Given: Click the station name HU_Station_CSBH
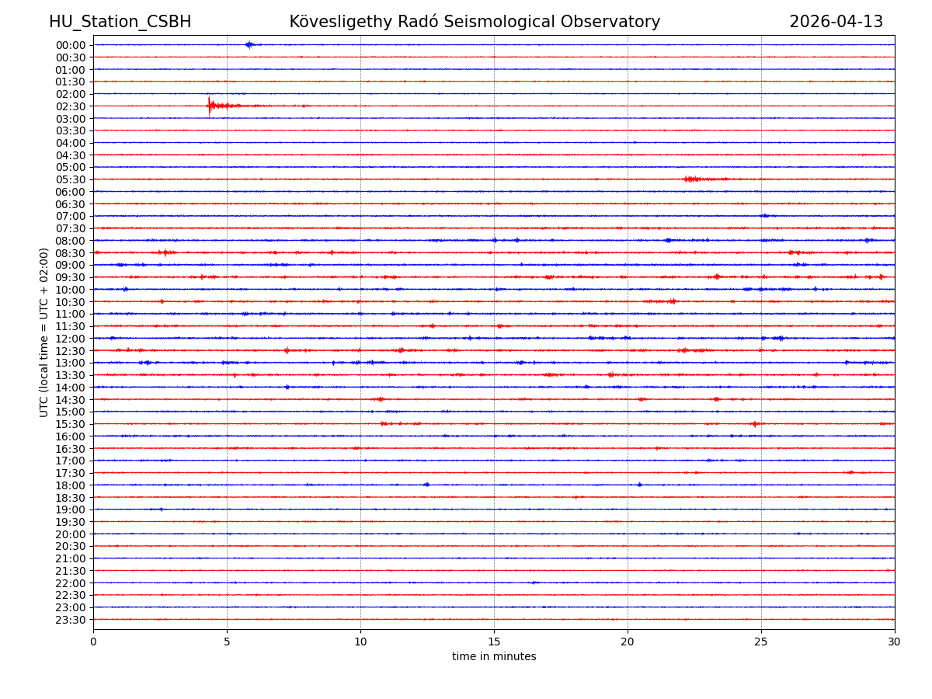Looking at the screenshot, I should point(120,22).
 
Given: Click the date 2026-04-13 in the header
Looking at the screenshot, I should point(836,22).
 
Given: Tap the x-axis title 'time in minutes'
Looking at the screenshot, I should point(494,657).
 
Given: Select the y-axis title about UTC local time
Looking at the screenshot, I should point(44,332).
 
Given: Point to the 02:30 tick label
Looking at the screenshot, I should point(71,106).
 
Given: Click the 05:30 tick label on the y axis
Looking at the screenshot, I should point(71,179).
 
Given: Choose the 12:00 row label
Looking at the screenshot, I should point(71,339).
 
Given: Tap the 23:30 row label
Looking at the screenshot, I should point(71,620).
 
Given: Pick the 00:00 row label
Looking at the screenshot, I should point(71,45).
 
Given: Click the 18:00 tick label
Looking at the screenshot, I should point(71,485).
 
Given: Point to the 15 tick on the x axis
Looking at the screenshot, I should point(494,642).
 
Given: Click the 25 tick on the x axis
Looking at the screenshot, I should point(761,642).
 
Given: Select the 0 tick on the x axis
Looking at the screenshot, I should point(93,642).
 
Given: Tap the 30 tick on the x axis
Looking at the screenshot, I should point(895,642).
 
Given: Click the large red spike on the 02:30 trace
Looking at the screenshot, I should point(209,106).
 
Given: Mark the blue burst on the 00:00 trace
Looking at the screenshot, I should point(249,44).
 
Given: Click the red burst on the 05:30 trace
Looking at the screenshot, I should point(692,179).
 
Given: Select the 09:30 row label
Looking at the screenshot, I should point(71,277).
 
